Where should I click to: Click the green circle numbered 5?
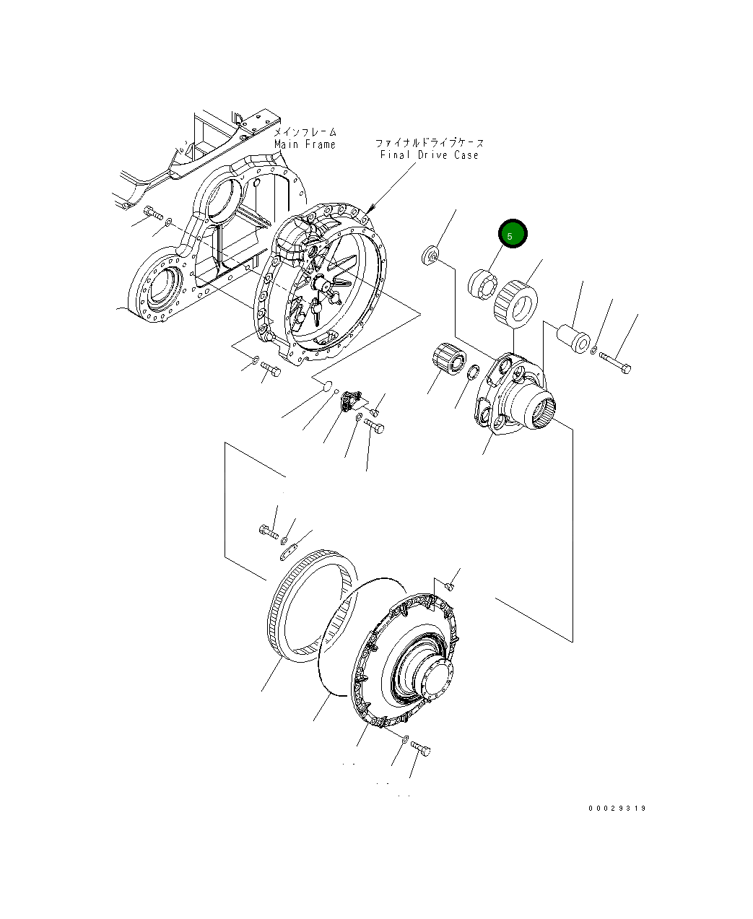coord(513,235)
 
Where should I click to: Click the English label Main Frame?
coord(305,144)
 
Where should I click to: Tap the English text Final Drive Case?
coord(429,155)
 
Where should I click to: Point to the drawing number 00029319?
coord(617,808)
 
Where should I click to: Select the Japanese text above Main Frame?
coord(305,132)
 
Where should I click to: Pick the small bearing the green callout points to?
coord(481,282)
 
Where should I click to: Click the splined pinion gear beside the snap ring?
coord(448,358)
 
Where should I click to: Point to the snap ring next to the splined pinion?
coord(474,373)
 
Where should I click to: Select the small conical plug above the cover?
coord(449,585)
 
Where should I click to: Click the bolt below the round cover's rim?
coord(420,749)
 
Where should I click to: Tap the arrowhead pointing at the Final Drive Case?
coord(369,208)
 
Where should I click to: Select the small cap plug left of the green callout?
coord(431,254)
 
